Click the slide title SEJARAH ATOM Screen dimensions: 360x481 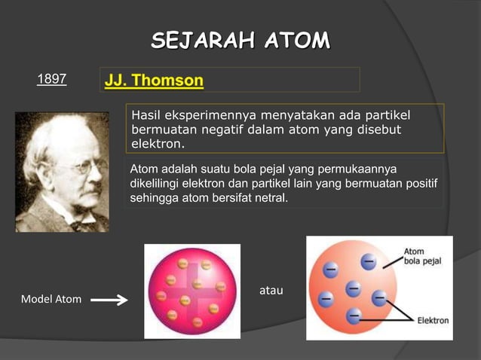click(x=240, y=40)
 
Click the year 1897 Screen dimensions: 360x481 click(x=52, y=79)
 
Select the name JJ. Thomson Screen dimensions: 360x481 click(x=154, y=80)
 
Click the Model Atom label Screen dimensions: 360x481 click(x=51, y=300)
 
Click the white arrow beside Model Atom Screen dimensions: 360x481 click(x=109, y=301)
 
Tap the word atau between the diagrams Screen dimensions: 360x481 click(x=271, y=290)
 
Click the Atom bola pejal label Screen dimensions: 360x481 click(x=423, y=257)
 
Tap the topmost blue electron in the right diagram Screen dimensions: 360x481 click(x=368, y=261)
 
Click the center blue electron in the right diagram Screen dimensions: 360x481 click(x=353, y=288)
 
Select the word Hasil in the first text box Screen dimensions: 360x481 click(x=146, y=115)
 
